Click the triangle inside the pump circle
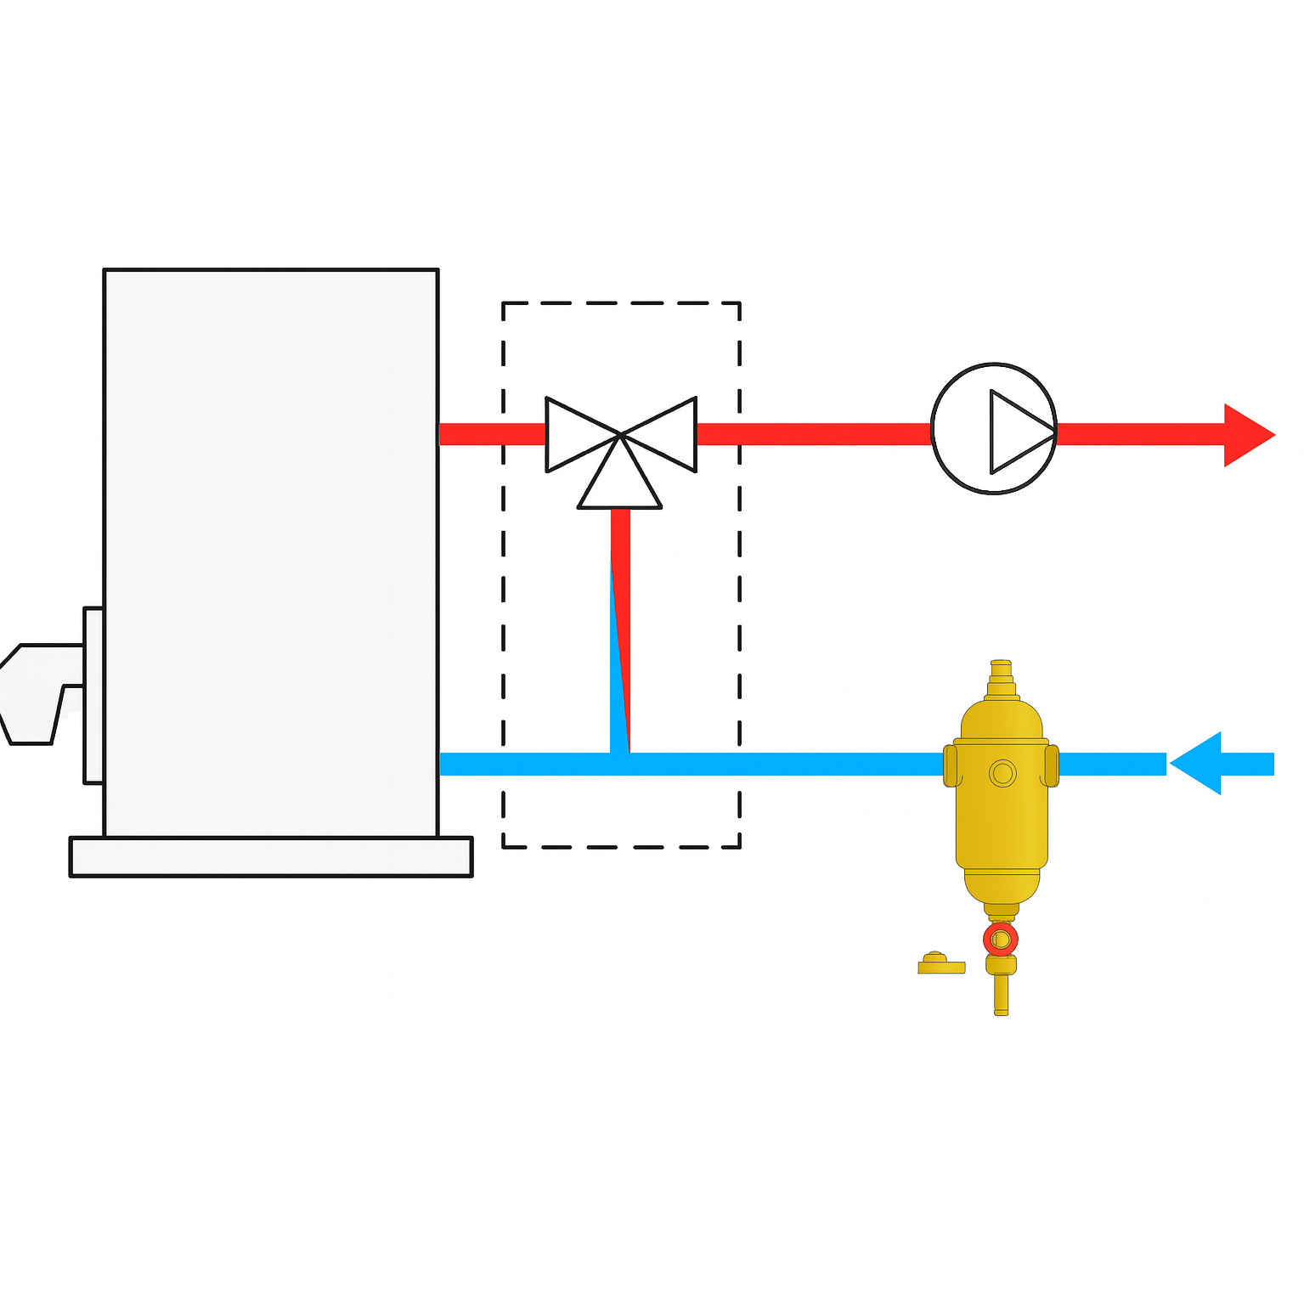coord(1017,432)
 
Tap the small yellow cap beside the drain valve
coord(940,963)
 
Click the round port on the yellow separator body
coord(1002,773)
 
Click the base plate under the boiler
coord(270,856)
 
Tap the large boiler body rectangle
coord(270,552)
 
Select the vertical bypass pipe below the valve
coord(620,629)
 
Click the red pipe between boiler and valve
coord(491,434)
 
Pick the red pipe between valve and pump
coord(811,434)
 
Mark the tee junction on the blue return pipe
coord(620,763)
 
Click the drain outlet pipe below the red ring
coord(1001,994)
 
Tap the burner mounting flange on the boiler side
coord(93,695)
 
